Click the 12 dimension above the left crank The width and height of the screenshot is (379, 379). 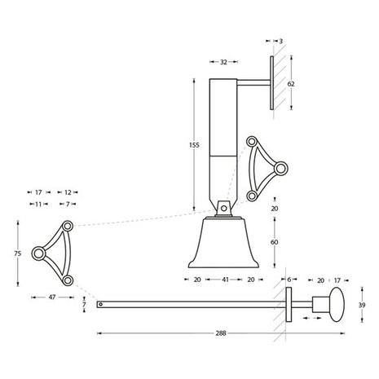point(68,192)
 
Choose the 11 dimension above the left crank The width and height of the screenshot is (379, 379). point(37,203)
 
